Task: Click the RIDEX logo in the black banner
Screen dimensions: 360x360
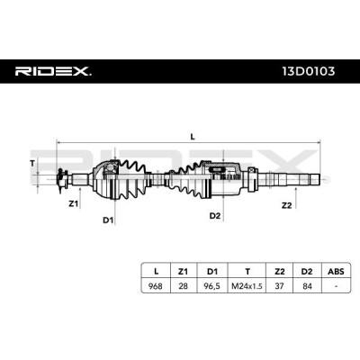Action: pos(53,71)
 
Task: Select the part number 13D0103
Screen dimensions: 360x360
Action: pos(309,71)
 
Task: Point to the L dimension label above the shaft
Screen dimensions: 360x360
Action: pos(193,137)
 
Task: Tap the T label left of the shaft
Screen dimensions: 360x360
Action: pos(32,164)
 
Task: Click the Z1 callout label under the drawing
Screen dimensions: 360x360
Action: pos(73,204)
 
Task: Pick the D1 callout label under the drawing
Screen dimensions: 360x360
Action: pos(108,220)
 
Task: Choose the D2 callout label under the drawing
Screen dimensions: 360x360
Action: pos(215,215)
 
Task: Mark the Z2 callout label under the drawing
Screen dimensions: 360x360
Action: pos(286,205)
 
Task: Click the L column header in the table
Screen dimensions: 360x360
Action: pos(156,272)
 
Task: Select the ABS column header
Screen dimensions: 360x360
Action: pos(336,272)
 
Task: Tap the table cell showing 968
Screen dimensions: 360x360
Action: pos(156,286)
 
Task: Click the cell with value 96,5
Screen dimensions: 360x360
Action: pos(212,286)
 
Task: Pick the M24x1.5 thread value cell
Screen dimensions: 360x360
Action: pos(247,286)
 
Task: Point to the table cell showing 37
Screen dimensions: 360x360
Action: pos(279,286)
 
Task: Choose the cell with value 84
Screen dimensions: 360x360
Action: pos(307,286)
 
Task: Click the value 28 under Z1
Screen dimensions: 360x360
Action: pos(183,286)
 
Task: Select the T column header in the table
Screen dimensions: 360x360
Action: pos(247,272)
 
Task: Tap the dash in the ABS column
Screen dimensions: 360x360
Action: pos(336,286)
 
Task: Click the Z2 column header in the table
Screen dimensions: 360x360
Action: pos(279,272)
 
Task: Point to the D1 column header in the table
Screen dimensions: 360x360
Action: pos(212,272)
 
